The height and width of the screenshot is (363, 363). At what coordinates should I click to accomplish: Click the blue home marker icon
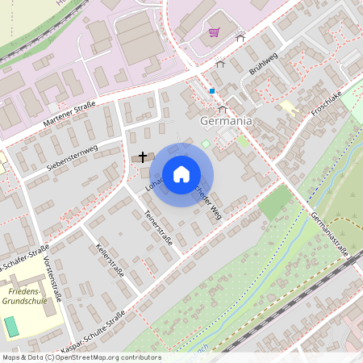point(181,174)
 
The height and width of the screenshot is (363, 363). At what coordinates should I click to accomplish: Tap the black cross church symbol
point(144,156)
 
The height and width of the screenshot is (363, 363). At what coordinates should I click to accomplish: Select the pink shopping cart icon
point(214,32)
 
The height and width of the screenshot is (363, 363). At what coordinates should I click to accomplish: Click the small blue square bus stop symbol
point(211,91)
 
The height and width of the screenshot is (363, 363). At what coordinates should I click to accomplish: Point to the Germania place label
point(225,120)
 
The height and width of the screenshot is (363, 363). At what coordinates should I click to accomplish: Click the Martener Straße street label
point(68,116)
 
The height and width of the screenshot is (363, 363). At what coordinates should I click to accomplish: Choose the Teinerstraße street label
point(158,227)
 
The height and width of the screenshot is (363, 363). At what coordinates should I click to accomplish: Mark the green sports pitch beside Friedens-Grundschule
point(11,326)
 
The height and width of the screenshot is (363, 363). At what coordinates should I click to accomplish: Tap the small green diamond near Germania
point(206,144)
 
